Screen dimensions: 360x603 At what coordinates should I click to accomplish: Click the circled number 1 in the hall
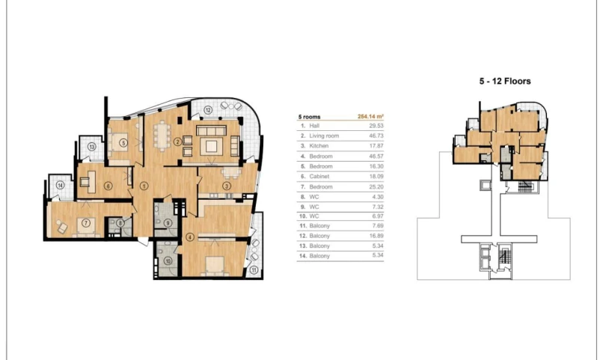coord(144,186)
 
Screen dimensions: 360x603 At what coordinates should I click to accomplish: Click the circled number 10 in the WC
coord(168,260)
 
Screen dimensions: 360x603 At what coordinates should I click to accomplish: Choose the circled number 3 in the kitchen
coord(225,186)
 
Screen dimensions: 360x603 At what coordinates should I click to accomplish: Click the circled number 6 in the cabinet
coord(108,186)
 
